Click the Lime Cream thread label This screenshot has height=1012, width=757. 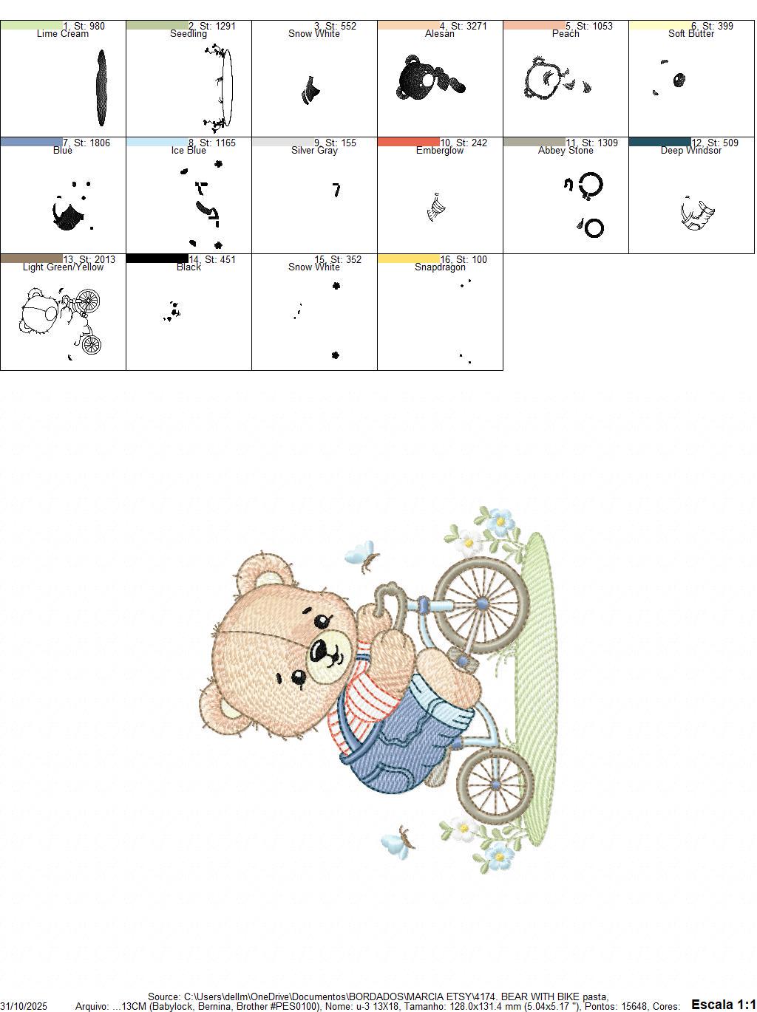62,34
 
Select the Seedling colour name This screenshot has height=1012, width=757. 189,34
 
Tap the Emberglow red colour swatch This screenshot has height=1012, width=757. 408,142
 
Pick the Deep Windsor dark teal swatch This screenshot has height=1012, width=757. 659,142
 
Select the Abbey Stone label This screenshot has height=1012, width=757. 566,151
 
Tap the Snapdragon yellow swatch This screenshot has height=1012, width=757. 408,259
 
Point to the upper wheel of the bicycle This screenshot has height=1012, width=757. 481,604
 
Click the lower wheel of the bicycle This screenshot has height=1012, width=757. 495,785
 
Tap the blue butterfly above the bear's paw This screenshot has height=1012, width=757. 360,553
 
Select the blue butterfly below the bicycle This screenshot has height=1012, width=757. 396,843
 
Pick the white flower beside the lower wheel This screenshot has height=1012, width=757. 464,827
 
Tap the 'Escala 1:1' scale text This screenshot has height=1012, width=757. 723,1004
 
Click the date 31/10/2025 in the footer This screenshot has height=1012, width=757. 24,1006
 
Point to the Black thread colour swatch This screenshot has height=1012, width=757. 157,259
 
